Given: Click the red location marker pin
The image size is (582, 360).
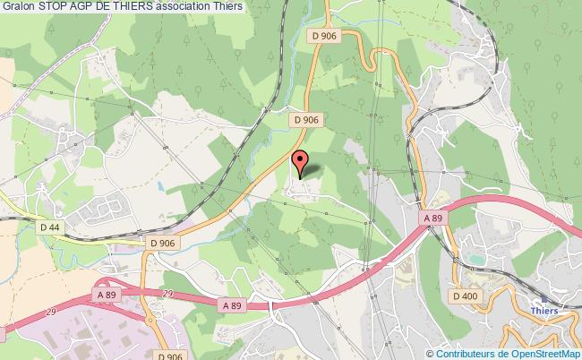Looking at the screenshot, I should coord(300,163).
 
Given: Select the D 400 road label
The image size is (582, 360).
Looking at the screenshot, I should coord(466,296).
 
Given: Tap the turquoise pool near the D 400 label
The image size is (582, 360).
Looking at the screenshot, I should coord(472,259).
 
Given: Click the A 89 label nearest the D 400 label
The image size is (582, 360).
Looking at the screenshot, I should coord(433,218).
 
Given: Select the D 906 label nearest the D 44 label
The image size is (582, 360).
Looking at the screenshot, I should coord(164,243).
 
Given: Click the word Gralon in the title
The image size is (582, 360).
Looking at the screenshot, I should coord(19,7).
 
